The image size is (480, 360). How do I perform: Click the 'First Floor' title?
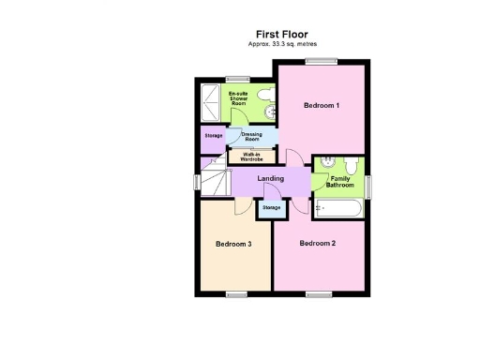coord(281,34)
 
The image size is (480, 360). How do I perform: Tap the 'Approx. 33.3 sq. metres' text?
coord(281,44)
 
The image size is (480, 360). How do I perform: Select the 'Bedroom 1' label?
coord(321,106)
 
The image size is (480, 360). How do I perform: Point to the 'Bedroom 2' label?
coord(317,244)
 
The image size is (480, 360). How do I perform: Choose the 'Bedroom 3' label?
coord(233,244)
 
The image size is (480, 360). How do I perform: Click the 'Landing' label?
coord(271,178)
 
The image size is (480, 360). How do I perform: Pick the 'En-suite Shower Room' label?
coord(239,98)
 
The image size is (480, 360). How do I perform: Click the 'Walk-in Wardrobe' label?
coord(251,157)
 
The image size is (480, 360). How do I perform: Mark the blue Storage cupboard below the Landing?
coord(271,207)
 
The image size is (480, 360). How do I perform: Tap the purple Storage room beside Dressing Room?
coord(214,137)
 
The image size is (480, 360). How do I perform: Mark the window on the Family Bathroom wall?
coord(367,186)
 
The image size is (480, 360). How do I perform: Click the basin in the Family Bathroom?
coord(327,161)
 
